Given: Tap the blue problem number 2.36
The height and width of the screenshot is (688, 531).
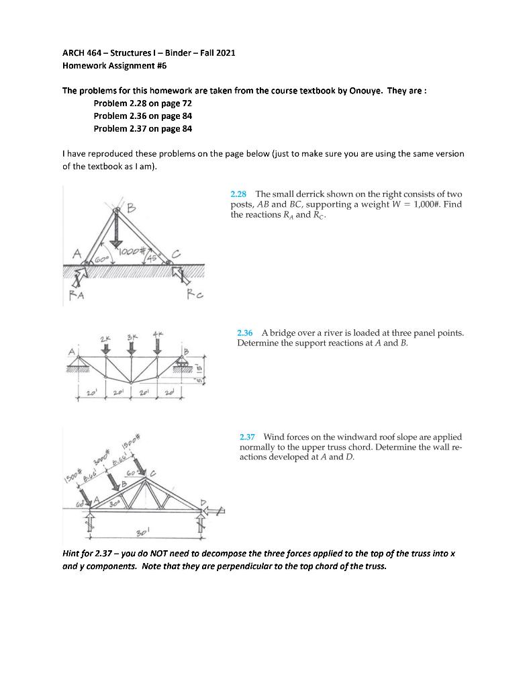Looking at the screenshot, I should click(244, 333).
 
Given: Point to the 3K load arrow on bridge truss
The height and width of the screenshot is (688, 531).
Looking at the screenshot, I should click(132, 345).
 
